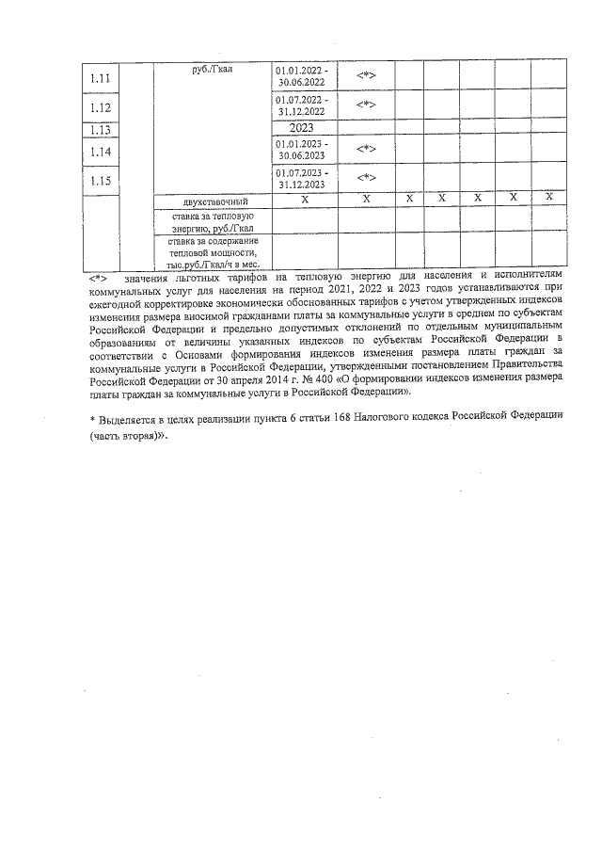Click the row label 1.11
(99, 78)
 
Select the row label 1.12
(99, 107)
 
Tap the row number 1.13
(99, 131)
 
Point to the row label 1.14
(99, 151)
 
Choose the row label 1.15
(99, 180)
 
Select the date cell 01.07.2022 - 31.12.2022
(302, 104)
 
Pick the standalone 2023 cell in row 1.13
(302, 127)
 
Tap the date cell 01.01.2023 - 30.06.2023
(302, 150)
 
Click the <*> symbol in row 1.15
(366, 178)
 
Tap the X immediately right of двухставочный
(304, 200)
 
